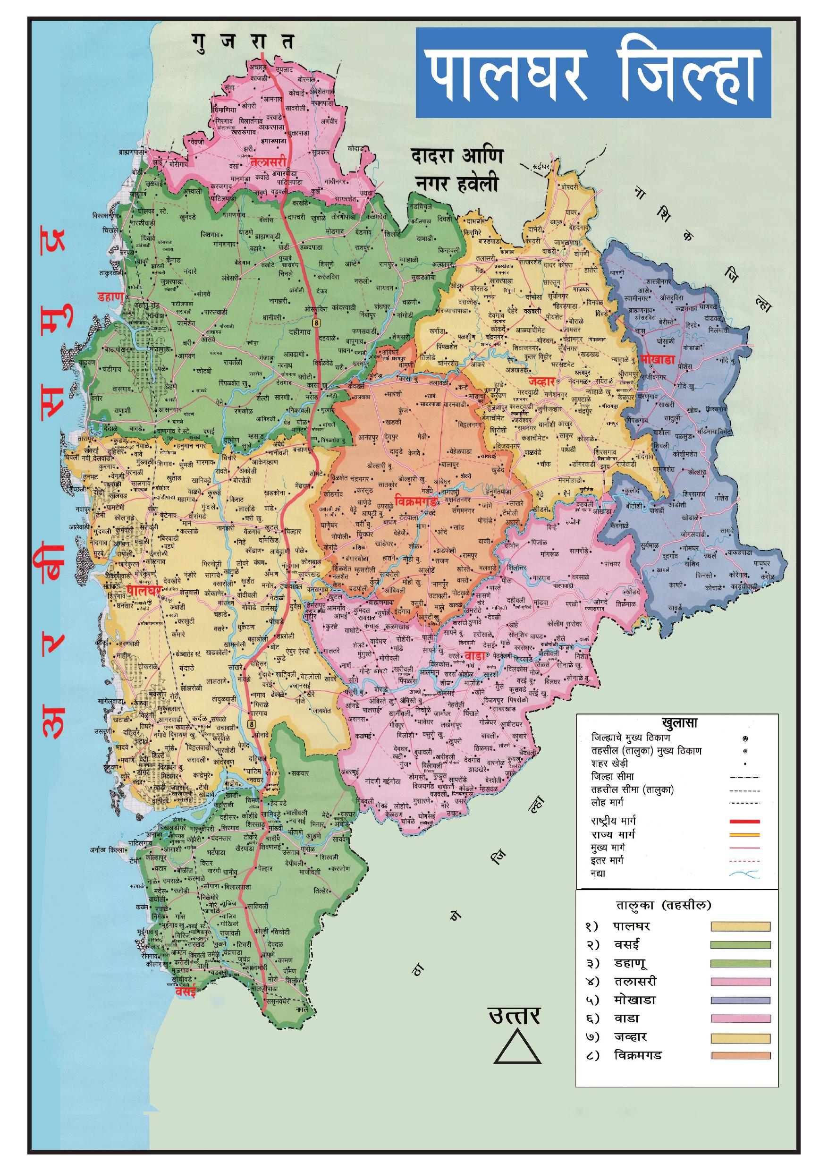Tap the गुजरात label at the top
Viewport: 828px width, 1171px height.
click(243, 42)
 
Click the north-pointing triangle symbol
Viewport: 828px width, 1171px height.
click(517, 1047)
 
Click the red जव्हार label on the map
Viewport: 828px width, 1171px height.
click(541, 381)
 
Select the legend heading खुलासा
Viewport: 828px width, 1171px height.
click(679, 723)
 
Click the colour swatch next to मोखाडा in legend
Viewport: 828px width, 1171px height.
click(740, 1000)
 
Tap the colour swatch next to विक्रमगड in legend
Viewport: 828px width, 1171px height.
click(740, 1055)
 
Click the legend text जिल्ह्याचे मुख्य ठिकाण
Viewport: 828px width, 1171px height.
click(631, 738)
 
